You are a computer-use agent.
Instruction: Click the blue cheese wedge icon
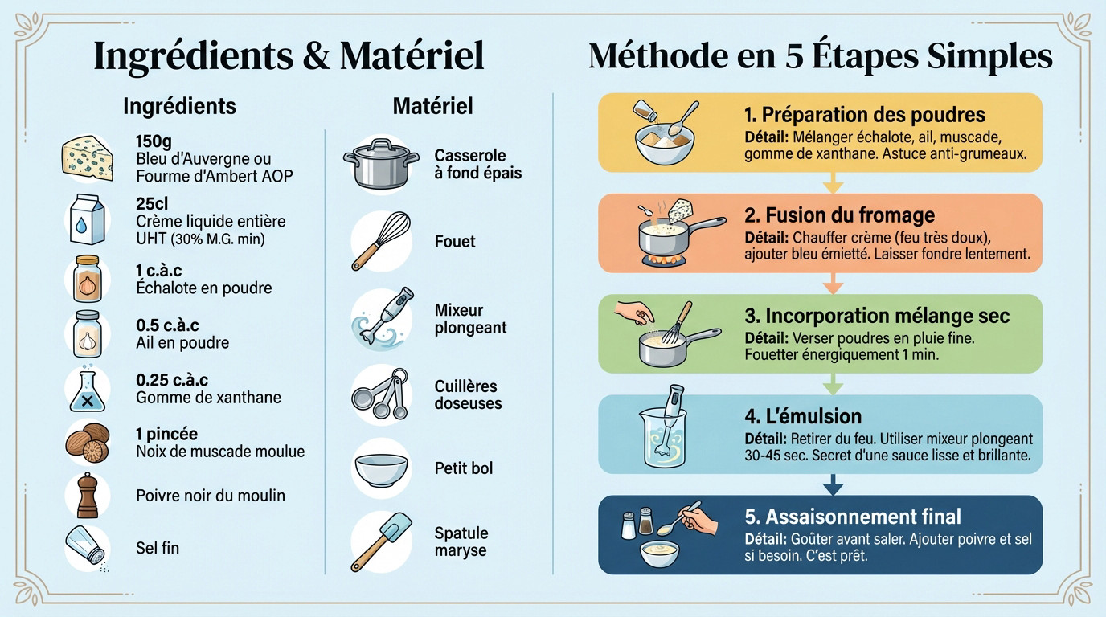[87, 157]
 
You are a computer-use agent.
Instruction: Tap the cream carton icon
[86, 219]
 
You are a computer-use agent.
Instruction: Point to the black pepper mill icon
[87, 495]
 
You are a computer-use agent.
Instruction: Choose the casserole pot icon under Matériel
[381, 164]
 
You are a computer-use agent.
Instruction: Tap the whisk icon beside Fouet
[381, 240]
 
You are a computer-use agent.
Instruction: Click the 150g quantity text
[154, 141]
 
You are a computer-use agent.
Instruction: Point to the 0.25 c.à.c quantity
[172, 379]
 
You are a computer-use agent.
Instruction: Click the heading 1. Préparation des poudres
[865, 115]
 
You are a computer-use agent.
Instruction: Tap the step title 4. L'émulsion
[803, 416]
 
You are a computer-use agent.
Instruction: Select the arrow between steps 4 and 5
[834, 484]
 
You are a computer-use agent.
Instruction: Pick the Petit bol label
[464, 468]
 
